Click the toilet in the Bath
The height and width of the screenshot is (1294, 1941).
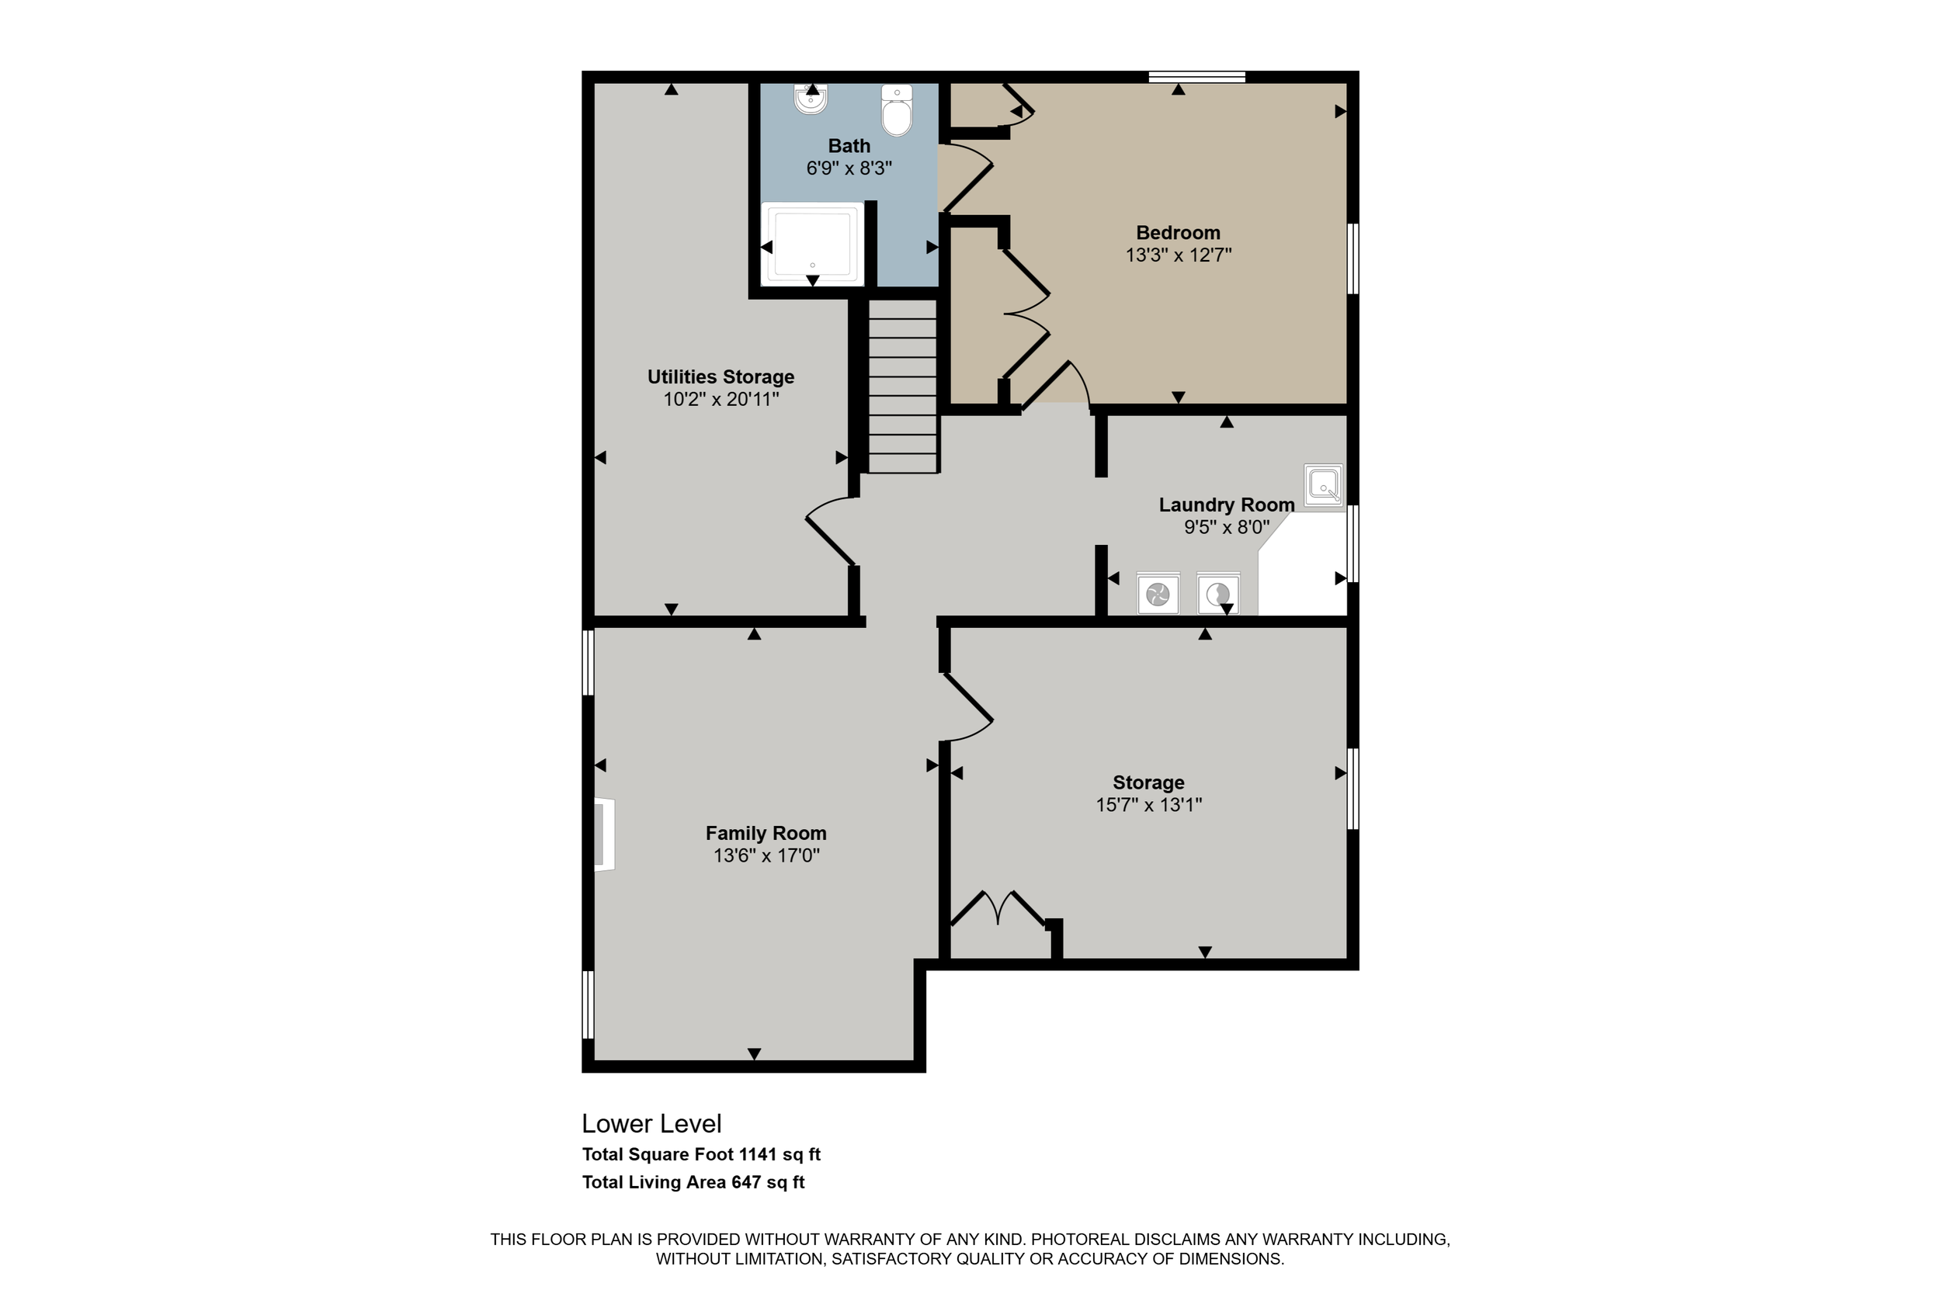point(896,109)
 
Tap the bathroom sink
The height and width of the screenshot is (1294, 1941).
point(811,100)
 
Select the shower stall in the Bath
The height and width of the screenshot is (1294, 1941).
point(812,244)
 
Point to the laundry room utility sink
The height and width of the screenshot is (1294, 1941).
point(1323,484)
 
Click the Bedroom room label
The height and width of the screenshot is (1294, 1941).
point(1178,233)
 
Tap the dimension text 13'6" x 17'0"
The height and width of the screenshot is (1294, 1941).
point(766,855)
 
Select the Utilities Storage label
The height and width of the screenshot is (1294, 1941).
point(720,376)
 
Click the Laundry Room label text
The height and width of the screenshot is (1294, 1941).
point(1227,505)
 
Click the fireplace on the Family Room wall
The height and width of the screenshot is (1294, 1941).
point(605,834)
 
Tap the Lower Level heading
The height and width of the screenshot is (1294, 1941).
point(651,1123)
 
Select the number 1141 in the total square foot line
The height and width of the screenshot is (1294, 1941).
point(757,1154)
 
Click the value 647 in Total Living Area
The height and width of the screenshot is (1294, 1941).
point(746,1181)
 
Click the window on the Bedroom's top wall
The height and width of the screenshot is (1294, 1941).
point(1196,77)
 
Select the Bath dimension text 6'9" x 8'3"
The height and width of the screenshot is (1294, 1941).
point(849,168)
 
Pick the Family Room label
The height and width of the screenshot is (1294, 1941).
point(766,833)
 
